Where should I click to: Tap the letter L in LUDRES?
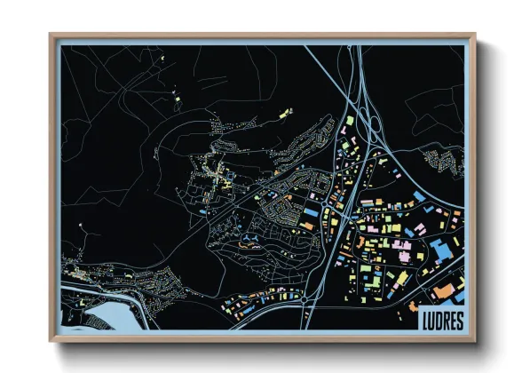pyautogui.click(x=422, y=319)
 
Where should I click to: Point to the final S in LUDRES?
pyautogui.click(x=457, y=319)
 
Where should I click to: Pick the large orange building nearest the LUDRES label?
pyautogui.click(x=442, y=291)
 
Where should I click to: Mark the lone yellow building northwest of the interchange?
pyautogui.click(x=286, y=114)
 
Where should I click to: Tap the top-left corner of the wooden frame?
pyautogui.click(x=51, y=36)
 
